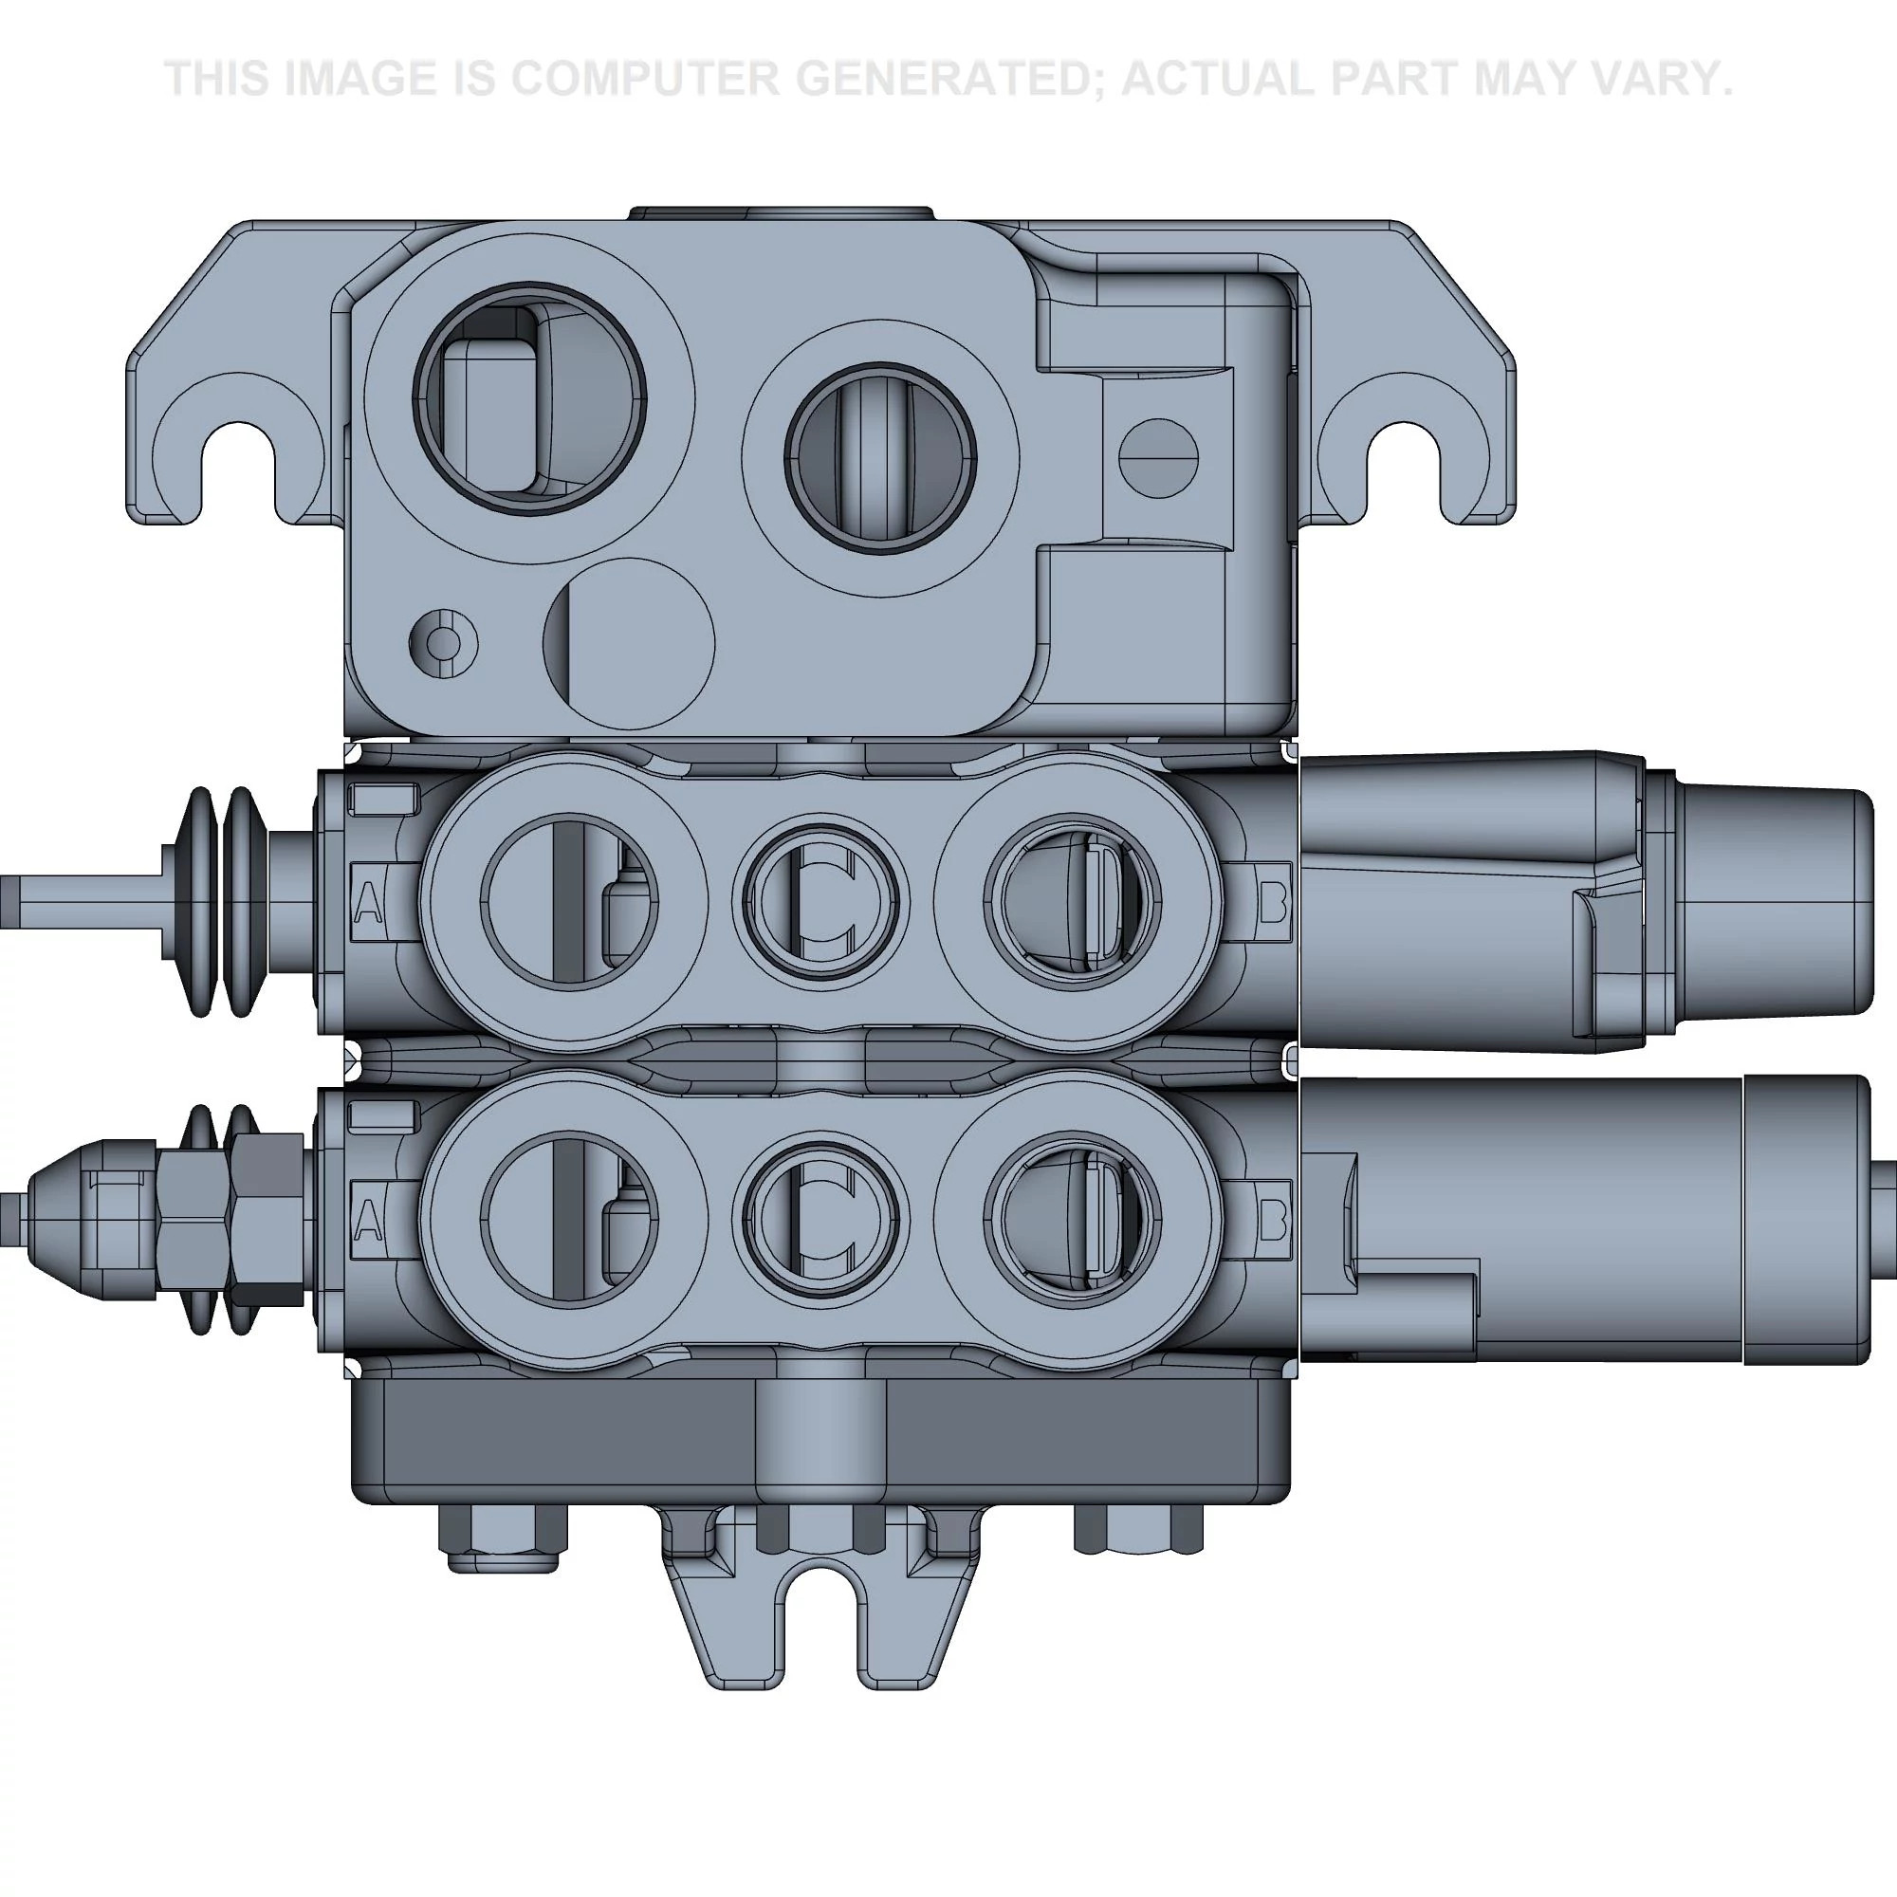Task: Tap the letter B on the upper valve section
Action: point(1272,902)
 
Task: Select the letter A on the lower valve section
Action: point(368,1221)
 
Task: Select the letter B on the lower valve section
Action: point(1272,1221)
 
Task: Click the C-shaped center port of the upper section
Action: point(820,901)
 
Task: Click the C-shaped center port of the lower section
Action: point(820,1218)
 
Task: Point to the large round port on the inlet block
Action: point(530,398)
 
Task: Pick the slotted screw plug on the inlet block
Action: point(1159,457)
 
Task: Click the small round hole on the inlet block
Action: point(444,644)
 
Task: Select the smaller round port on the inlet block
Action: point(880,458)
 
